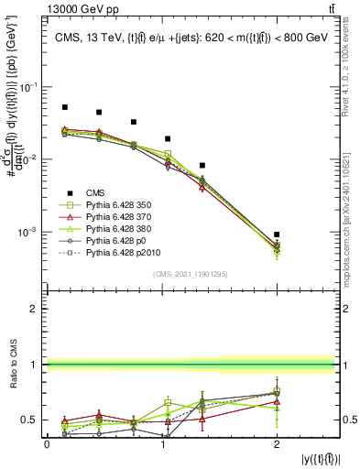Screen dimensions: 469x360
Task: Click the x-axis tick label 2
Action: click(x=277, y=443)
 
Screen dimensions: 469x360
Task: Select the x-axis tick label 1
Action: click(x=162, y=443)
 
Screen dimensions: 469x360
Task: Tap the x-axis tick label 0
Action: click(x=47, y=443)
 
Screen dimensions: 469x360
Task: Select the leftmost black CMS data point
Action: click(x=64, y=107)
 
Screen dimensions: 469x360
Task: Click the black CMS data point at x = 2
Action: click(x=277, y=234)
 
